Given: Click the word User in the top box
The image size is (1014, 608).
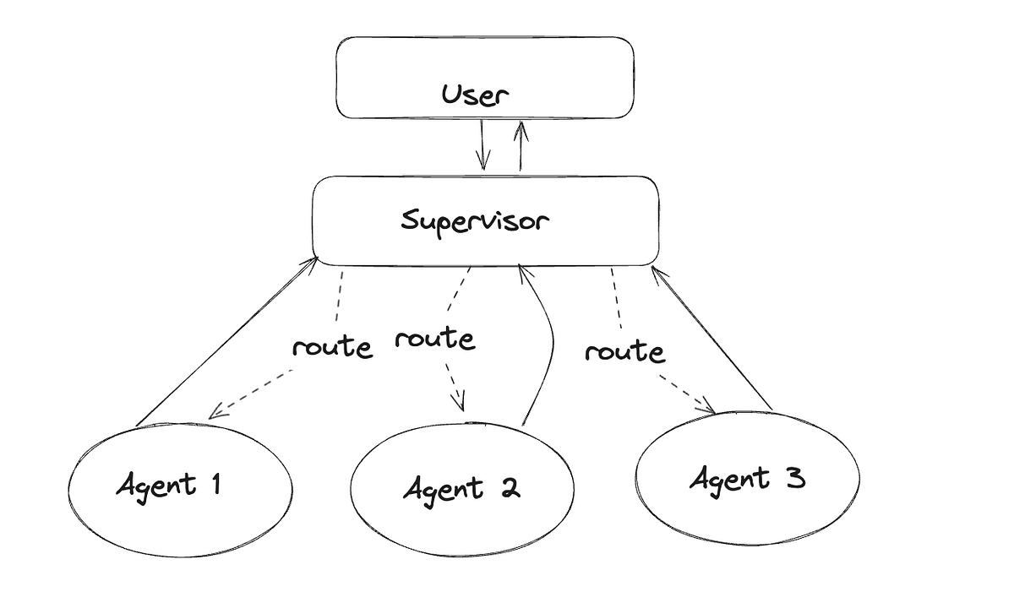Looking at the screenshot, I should click(x=475, y=95).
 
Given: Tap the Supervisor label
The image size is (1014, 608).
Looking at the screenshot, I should click(x=475, y=222).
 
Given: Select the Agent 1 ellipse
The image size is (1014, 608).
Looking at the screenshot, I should click(x=181, y=488).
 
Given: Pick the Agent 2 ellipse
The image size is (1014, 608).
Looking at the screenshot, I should click(x=461, y=489).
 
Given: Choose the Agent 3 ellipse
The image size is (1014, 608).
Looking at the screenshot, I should click(x=747, y=479).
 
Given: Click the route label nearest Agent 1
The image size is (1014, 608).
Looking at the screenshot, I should click(x=331, y=347).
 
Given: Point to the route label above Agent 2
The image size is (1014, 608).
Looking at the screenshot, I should click(x=434, y=339).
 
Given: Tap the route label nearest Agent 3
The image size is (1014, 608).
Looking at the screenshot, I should click(x=624, y=350).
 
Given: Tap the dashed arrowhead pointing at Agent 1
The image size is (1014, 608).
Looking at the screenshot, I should click(x=215, y=413).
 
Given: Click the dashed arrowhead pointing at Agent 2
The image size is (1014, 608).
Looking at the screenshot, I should click(x=461, y=404).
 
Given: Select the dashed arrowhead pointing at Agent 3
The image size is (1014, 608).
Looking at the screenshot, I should click(x=708, y=410).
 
